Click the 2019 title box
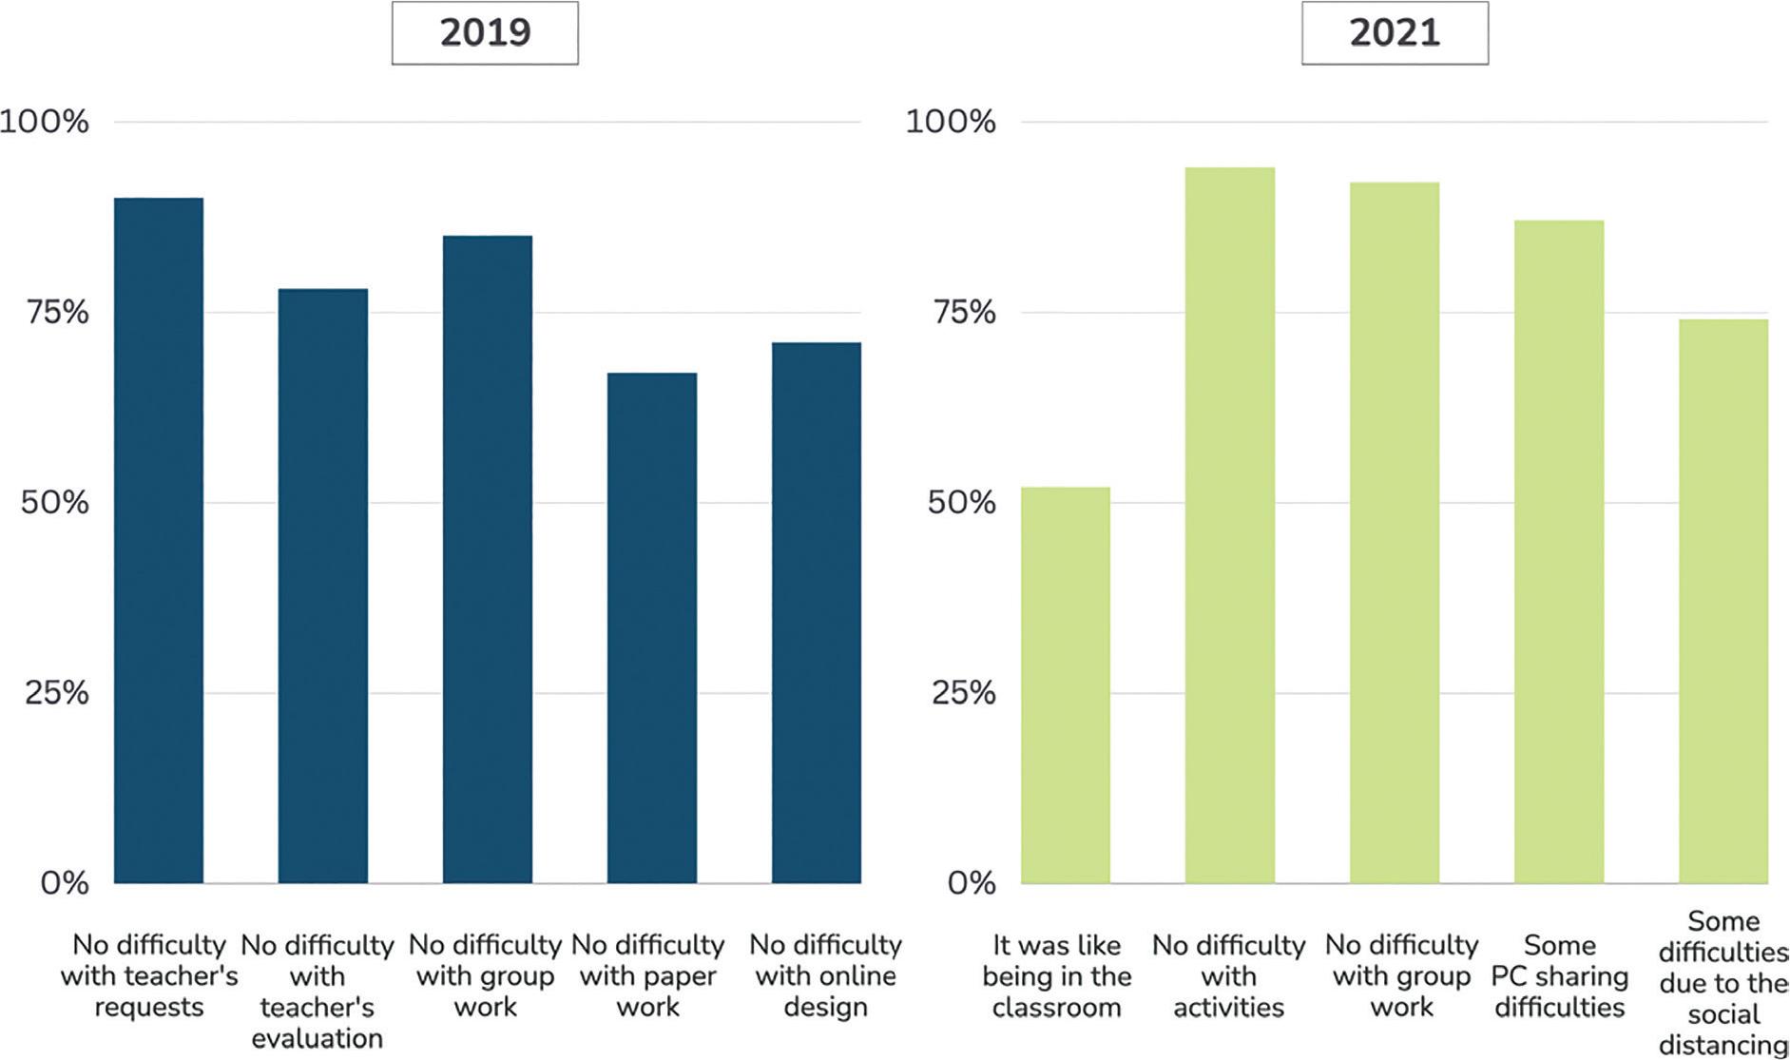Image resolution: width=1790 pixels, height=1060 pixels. click(485, 33)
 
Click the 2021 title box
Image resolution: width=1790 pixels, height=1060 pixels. click(1395, 33)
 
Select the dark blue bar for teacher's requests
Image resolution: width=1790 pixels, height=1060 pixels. click(159, 541)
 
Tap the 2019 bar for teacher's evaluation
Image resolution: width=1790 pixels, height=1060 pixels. click(323, 587)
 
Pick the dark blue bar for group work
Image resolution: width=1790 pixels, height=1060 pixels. click(488, 560)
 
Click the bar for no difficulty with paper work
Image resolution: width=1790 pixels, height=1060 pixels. click(652, 628)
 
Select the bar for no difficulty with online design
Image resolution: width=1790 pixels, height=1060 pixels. click(817, 613)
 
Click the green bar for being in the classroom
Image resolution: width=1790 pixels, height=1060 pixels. click(1066, 685)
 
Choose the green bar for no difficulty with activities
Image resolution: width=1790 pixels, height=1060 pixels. click(1230, 526)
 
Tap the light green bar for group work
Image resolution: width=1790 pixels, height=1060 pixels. click(1395, 533)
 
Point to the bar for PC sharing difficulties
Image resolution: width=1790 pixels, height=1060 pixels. click(1559, 552)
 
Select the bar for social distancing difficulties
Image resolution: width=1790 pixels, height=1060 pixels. click(1723, 602)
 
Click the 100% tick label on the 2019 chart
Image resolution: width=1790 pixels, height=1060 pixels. click(45, 122)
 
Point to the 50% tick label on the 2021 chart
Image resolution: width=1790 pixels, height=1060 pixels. click(961, 502)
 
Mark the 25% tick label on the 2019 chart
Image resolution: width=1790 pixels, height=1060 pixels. click(56, 692)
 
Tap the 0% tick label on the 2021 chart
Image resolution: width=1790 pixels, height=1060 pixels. click(972, 882)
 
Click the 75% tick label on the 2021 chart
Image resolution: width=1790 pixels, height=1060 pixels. click(963, 312)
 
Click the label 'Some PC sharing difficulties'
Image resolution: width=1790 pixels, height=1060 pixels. click(1560, 976)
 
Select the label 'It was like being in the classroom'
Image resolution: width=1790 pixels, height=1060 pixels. click(1057, 976)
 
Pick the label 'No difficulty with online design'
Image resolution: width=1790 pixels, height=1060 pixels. click(825, 976)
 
